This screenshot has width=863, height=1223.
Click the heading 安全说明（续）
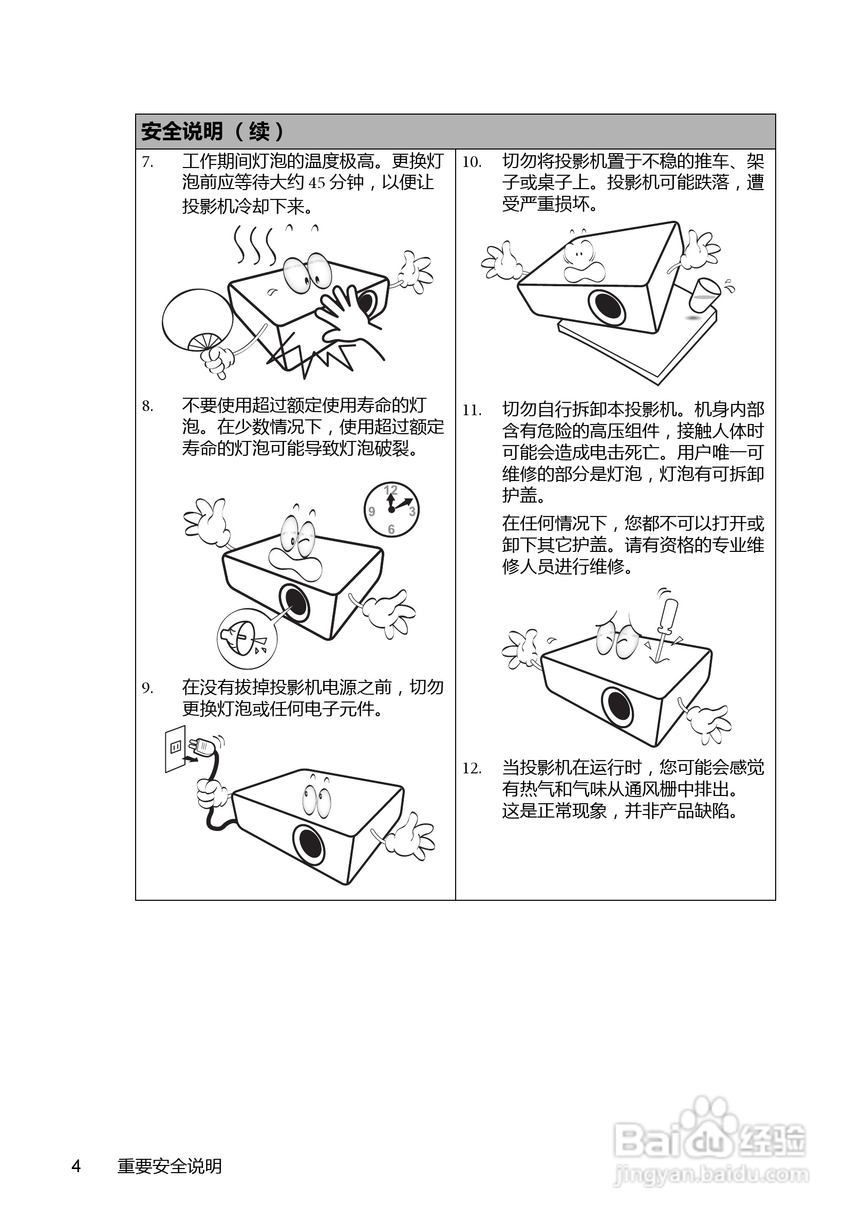[x=212, y=131]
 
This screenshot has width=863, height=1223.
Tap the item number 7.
[x=147, y=162]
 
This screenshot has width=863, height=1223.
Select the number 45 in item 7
[x=317, y=183]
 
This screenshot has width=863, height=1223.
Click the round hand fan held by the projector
[x=196, y=320]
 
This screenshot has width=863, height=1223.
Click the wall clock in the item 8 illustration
[x=391, y=509]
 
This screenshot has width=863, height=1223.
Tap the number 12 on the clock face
[x=391, y=490]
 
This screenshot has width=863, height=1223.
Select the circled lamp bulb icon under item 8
[x=247, y=638]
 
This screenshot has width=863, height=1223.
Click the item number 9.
[x=147, y=689]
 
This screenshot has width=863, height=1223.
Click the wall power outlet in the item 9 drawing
[x=175, y=748]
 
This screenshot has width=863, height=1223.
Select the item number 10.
[x=471, y=162]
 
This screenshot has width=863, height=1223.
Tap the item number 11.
[x=471, y=411]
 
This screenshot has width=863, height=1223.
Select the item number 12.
[x=471, y=769]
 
